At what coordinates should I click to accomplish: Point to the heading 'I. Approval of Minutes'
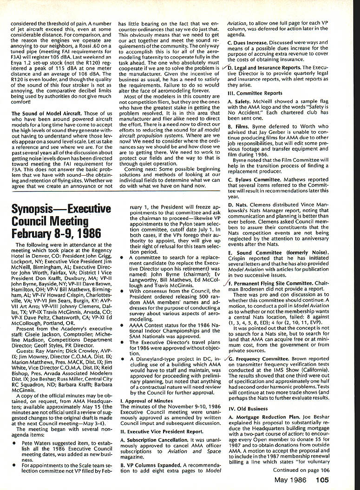(x=146, y=400)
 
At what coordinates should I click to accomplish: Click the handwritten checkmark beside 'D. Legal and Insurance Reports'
(x=225, y=68)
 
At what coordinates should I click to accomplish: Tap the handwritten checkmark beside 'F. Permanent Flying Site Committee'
(x=225, y=283)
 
